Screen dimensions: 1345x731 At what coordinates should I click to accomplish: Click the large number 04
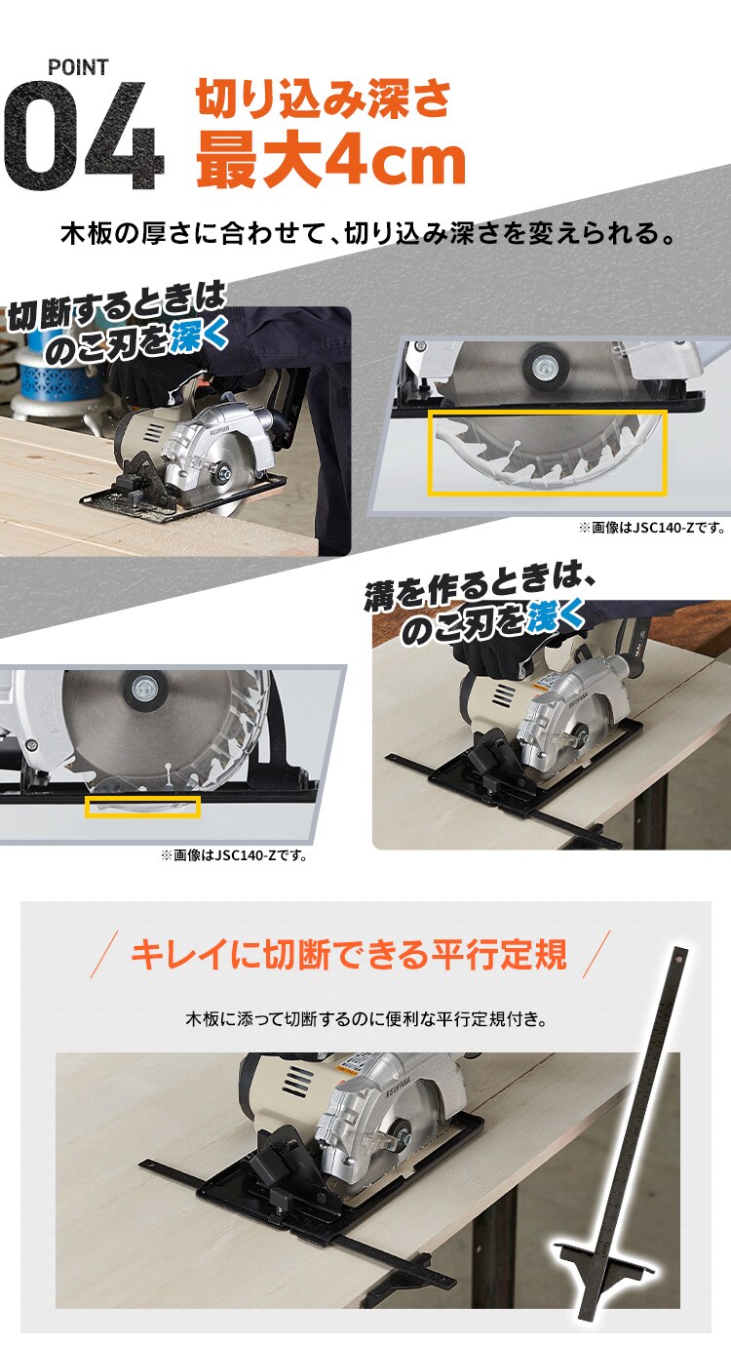coord(82,137)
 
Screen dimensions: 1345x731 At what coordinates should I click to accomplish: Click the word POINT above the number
coord(78,67)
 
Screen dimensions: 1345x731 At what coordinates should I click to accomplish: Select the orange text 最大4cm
coord(330,160)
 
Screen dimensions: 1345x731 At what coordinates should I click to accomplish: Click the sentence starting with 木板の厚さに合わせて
coord(368,235)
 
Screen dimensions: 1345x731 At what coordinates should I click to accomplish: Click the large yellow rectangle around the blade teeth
coord(547,453)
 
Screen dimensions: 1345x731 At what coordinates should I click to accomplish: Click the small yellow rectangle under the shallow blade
coord(142,807)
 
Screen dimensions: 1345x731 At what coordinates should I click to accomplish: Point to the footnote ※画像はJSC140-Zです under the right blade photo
coord(652,528)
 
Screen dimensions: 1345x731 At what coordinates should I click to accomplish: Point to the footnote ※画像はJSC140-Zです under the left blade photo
coord(234,856)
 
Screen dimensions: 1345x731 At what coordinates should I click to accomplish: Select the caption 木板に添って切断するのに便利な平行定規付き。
coord(365,1019)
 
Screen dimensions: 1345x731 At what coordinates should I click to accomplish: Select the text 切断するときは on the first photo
coord(117,307)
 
